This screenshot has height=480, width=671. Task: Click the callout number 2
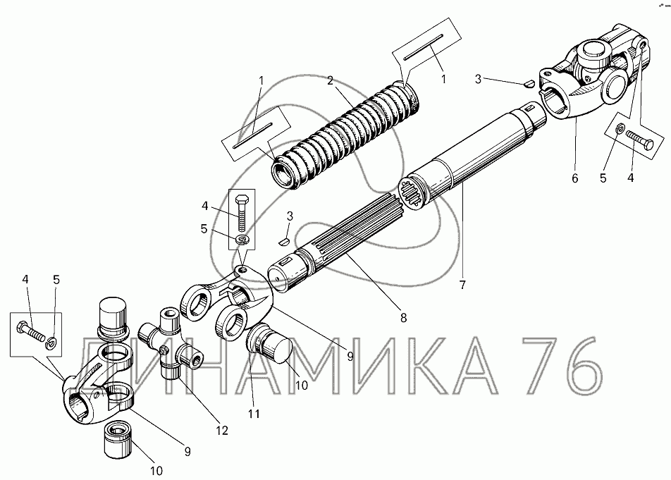(x=330, y=80)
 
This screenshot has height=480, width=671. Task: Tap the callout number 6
(x=574, y=178)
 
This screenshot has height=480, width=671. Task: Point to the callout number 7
(x=462, y=285)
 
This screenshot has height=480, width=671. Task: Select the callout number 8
(x=403, y=317)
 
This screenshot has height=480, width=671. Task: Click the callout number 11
(x=254, y=414)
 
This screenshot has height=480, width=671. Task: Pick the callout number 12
(x=222, y=430)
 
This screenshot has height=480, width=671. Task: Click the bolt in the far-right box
(x=639, y=140)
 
